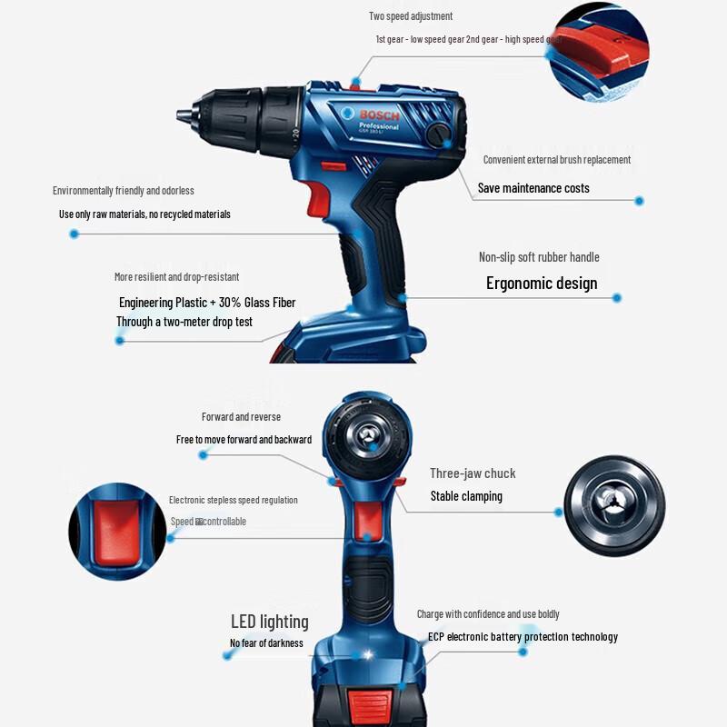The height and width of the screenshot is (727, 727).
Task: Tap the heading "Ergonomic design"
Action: pos(542,283)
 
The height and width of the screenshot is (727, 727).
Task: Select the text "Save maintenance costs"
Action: pos(533,188)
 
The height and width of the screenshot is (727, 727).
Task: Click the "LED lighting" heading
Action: pos(269,622)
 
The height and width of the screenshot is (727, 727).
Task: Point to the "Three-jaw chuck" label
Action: pos(473,473)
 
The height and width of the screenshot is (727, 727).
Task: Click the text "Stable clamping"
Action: pos(466,496)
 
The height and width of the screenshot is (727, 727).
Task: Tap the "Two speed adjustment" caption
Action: pos(411,16)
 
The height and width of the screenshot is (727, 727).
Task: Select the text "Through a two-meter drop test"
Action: pos(184,322)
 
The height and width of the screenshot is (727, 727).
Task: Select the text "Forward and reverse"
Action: pos(241,417)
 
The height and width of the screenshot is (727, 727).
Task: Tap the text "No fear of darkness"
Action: pos(266,643)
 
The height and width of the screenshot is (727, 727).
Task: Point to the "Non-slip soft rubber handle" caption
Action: pos(539,257)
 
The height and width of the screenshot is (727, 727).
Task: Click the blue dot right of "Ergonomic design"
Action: pos(617,297)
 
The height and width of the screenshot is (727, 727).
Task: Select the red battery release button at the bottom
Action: pos(367,705)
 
